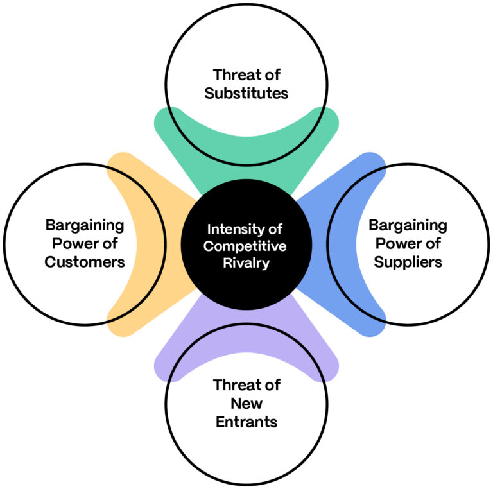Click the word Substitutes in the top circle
click(x=246, y=93)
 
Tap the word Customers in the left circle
click(x=85, y=262)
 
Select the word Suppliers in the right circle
click(x=408, y=262)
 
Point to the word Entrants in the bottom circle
click(x=246, y=422)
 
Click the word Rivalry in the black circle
click(x=246, y=262)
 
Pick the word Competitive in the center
click(x=246, y=246)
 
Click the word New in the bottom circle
click(x=246, y=404)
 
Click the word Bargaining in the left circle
click(x=85, y=225)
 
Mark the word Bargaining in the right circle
click(x=408, y=225)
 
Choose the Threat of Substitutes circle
click(x=246, y=45)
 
